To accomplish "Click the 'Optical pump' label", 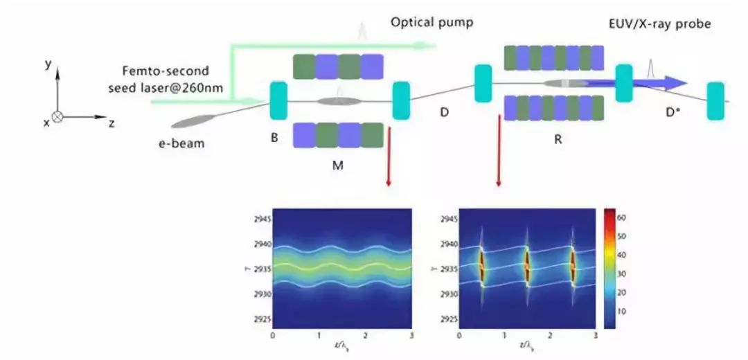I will [x=432, y=22].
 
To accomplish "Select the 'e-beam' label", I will [x=181, y=143].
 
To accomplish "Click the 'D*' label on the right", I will [x=673, y=111].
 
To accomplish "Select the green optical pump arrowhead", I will [x=428, y=46].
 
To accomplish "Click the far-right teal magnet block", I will [x=715, y=101].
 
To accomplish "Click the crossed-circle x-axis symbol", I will [x=57, y=118].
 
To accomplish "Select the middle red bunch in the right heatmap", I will [x=526, y=264].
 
